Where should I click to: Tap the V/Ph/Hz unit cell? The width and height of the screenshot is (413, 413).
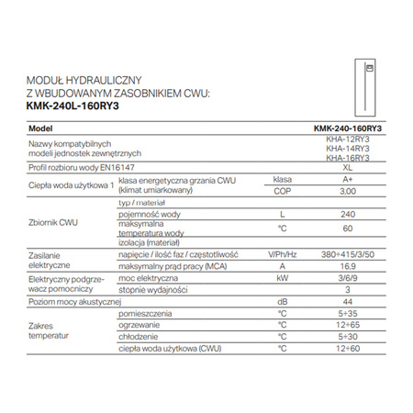tap(283, 253)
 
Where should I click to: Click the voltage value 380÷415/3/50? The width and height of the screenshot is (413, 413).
tap(342, 253)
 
